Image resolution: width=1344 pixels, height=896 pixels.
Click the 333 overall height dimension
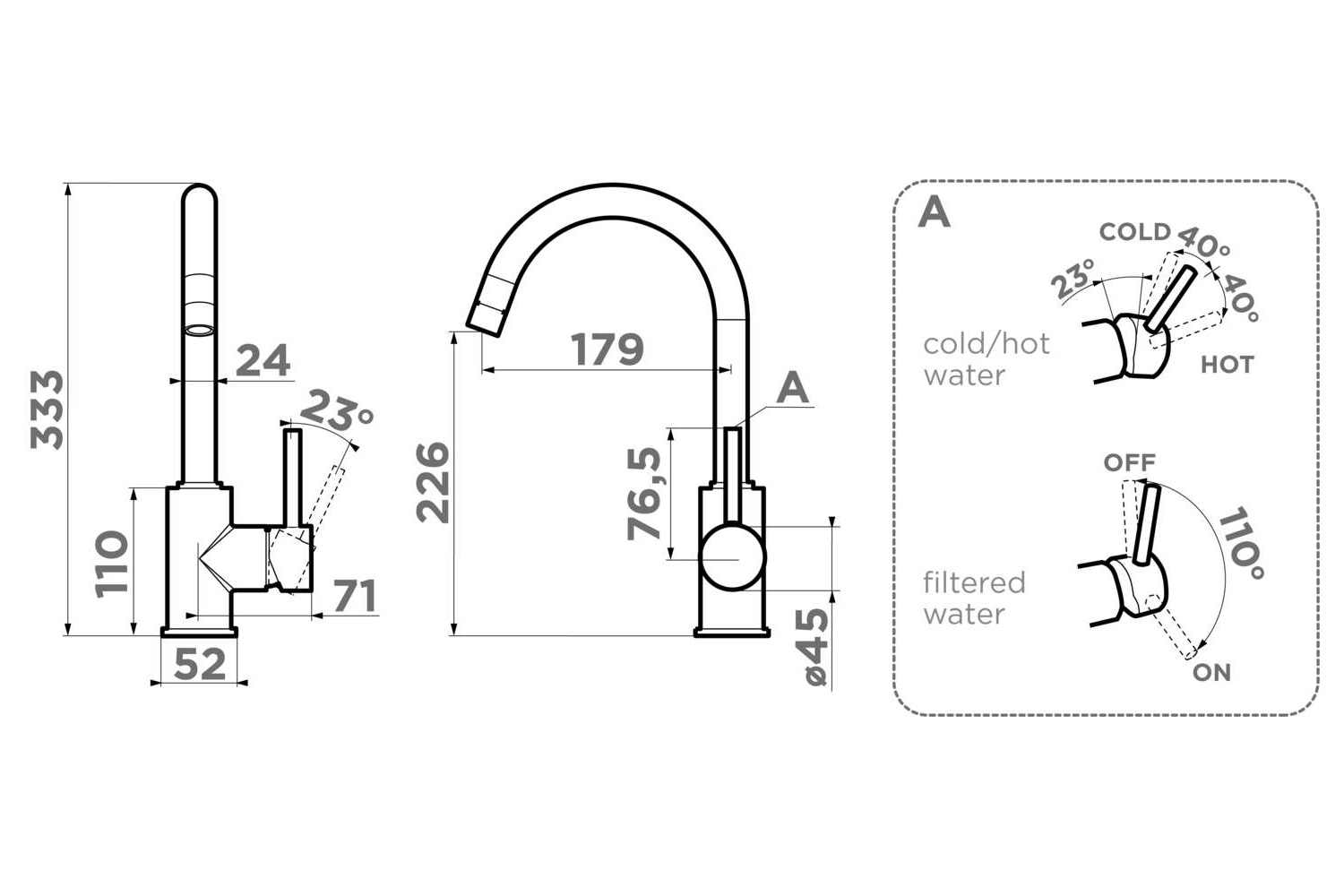tap(47, 409)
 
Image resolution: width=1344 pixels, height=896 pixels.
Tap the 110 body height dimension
tap(112, 563)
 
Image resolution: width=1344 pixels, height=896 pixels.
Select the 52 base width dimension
tap(199, 664)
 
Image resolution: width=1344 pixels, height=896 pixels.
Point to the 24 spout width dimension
tap(263, 360)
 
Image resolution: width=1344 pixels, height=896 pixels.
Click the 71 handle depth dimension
tap(355, 597)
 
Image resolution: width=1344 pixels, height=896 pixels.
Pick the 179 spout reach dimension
tap(607, 349)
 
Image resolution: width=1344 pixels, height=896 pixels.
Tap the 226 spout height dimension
tap(433, 482)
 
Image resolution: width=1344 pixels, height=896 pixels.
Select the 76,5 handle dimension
tap(644, 494)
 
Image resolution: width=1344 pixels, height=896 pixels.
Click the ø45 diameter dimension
tap(814, 646)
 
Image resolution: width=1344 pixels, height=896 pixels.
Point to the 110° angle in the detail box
tap(1241, 543)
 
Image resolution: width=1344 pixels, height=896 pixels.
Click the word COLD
tap(1134, 232)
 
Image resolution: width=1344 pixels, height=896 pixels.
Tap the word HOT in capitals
tap(1227, 365)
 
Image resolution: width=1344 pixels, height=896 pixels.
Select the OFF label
tap(1129, 462)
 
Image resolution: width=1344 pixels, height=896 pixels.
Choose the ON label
tap(1211, 672)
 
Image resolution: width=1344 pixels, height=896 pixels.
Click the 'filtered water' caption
tap(974, 598)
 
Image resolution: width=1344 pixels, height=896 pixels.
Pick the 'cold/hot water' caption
tap(986, 358)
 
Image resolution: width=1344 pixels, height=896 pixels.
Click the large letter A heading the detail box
tap(935, 213)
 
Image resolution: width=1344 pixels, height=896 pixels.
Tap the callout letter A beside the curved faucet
tap(792, 389)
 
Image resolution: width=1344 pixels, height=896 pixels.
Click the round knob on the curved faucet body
tap(734, 557)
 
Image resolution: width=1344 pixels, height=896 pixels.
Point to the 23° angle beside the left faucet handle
tap(336, 412)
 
